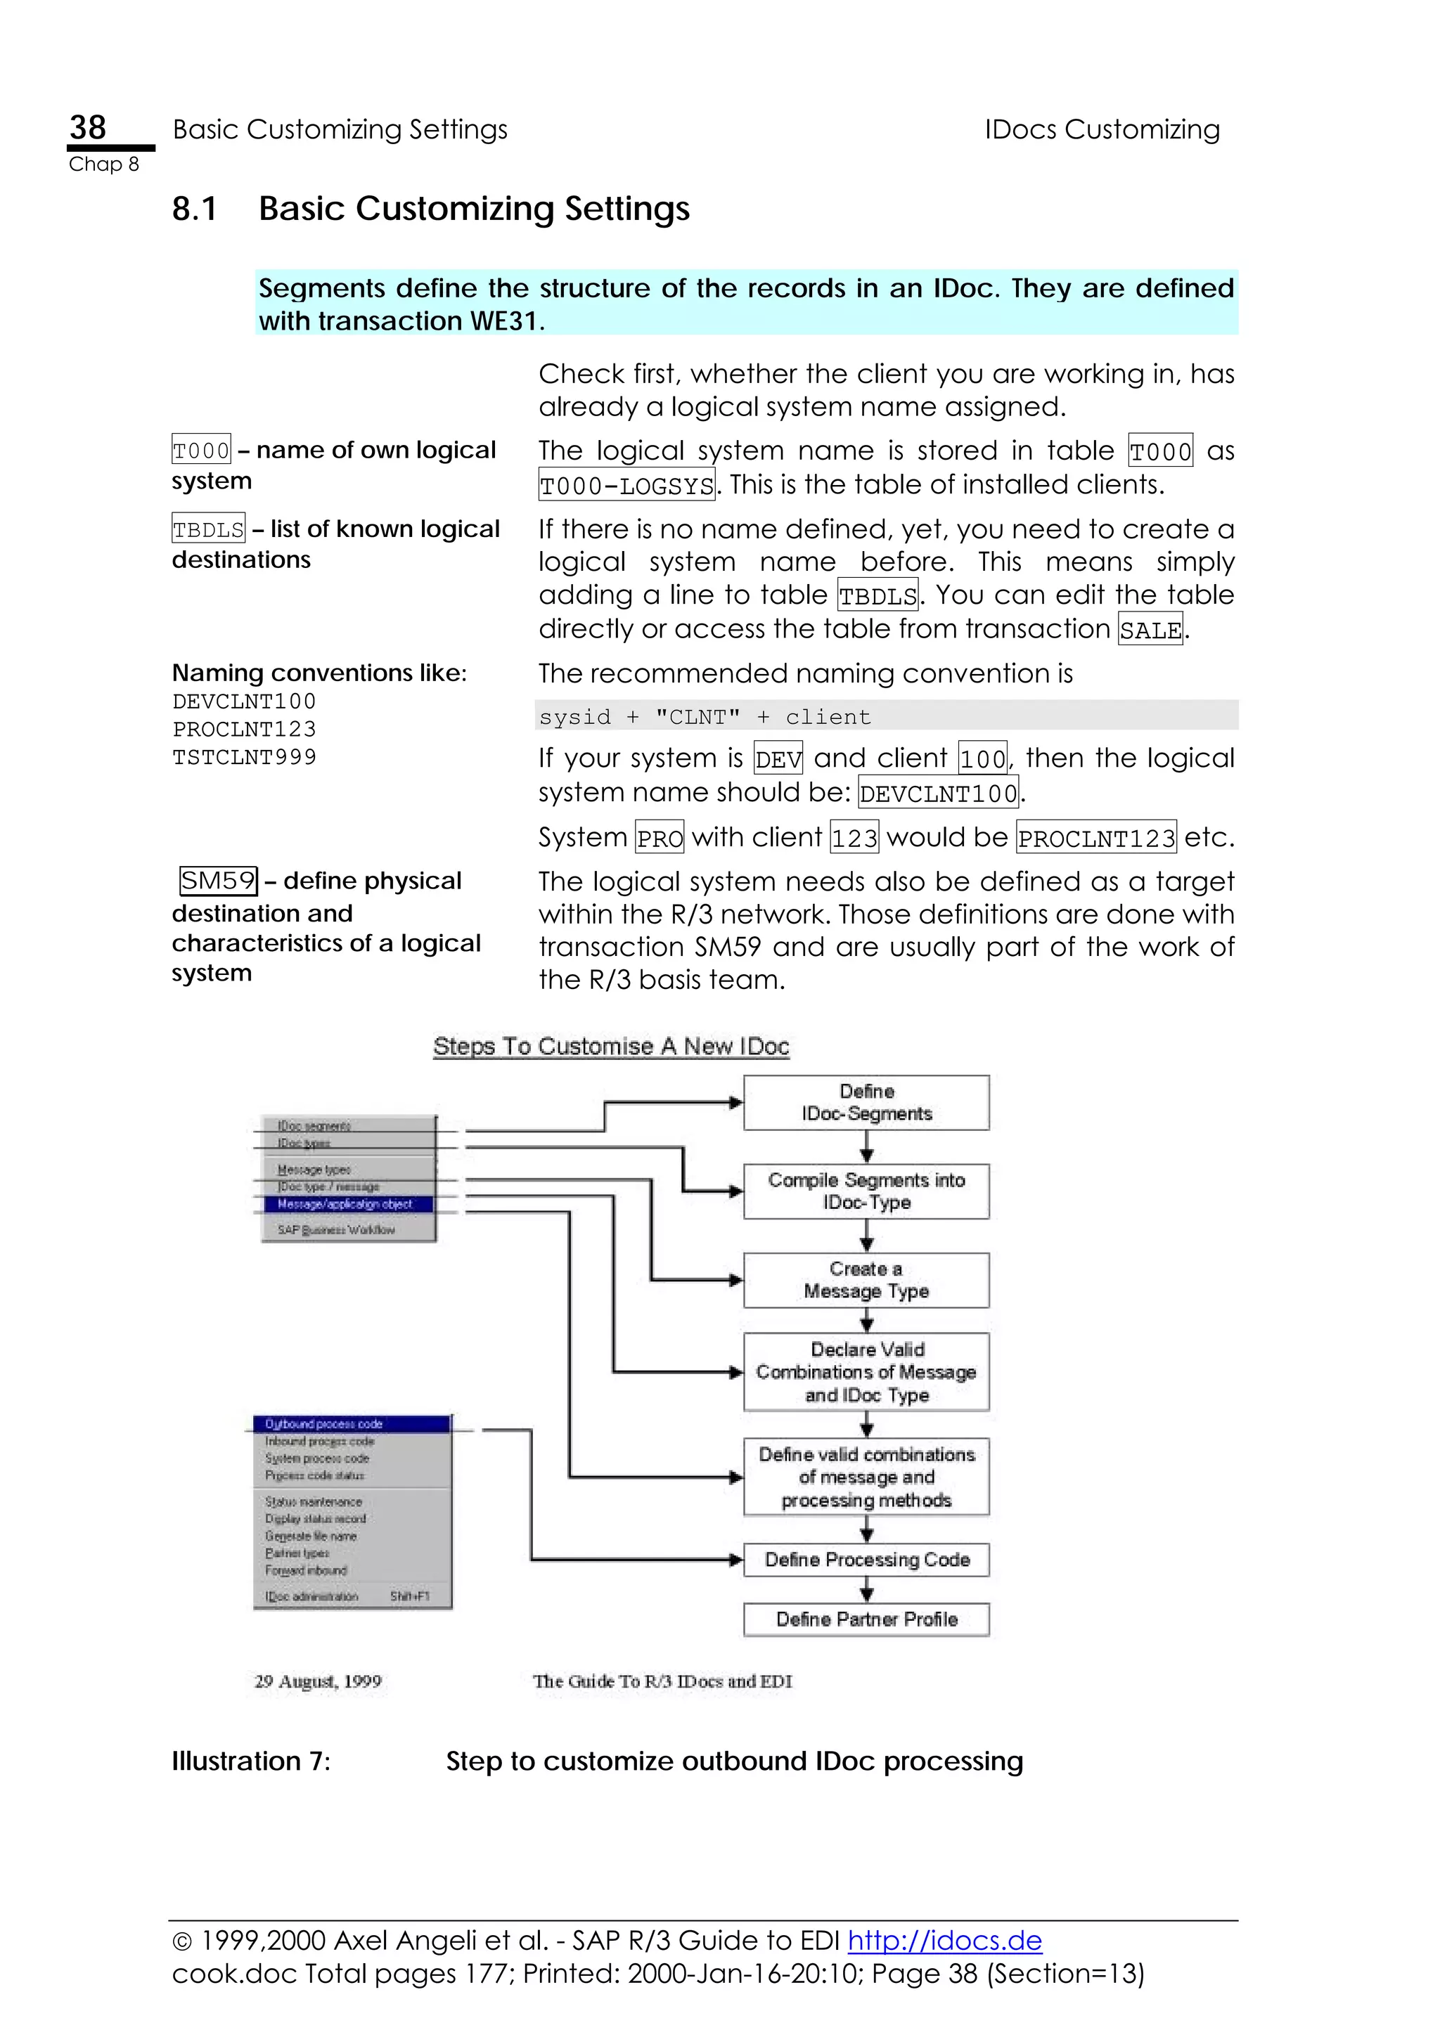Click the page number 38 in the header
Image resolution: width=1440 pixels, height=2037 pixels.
(x=88, y=128)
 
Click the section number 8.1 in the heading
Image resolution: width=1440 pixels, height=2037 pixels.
(x=194, y=209)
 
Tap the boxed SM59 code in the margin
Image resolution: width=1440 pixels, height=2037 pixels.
(x=218, y=881)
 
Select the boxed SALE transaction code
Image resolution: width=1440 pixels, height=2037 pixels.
(x=1150, y=630)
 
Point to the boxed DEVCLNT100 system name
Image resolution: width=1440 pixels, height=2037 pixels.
(x=939, y=792)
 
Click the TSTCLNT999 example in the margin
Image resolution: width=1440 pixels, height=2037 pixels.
(x=244, y=758)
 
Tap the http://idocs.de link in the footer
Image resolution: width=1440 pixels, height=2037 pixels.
(x=944, y=1940)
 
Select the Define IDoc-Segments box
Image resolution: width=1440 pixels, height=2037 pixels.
(x=866, y=1103)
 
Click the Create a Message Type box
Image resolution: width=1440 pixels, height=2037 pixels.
(x=866, y=1280)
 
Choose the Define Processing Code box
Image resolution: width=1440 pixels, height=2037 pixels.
(x=866, y=1560)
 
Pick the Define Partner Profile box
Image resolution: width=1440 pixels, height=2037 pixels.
(x=866, y=1619)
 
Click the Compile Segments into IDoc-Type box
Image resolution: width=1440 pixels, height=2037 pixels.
(x=866, y=1191)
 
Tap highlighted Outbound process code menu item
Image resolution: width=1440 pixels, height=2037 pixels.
(x=352, y=1424)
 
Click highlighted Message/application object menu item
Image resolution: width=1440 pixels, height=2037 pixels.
(x=346, y=1204)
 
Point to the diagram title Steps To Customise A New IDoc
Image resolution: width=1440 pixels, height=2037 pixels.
(x=610, y=1047)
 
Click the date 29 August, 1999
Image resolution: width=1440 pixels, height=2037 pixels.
(x=318, y=1681)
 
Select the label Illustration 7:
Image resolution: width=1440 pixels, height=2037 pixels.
(x=250, y=1761)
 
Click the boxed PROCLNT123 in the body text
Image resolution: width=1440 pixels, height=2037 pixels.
(x=1095, y=838)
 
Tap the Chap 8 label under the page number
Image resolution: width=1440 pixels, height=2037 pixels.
(x=104, y=164)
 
